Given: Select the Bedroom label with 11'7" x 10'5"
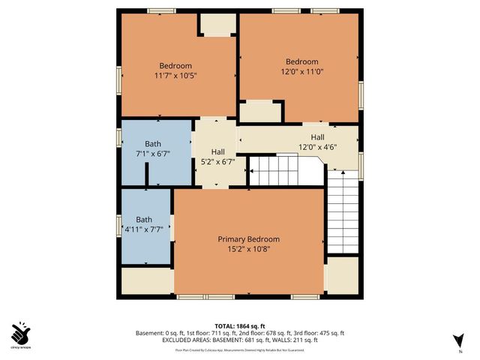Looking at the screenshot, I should tap(175, 65).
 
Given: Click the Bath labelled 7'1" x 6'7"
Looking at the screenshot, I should tap(153, 143).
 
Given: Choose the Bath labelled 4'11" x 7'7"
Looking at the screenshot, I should tap(143, 220).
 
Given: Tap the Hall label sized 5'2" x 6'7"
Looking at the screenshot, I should tap(217, 151).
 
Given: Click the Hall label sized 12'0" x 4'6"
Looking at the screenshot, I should tap(317, 137).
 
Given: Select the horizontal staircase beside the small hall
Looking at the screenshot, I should tap(285, 171).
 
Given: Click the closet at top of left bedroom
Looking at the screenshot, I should tap(217, 24).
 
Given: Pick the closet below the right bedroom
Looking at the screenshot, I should tap(260, 111).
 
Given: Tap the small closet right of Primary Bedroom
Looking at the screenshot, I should tap(343, 276).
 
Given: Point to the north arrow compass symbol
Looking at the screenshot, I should tap(459, 340).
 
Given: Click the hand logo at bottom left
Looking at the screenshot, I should tap(21, 333).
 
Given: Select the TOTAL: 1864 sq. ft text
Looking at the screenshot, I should tap(239, 325).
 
